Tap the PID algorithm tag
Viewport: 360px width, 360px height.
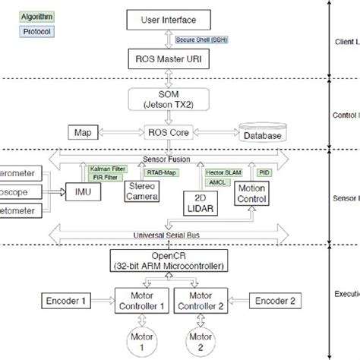[262, 173]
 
